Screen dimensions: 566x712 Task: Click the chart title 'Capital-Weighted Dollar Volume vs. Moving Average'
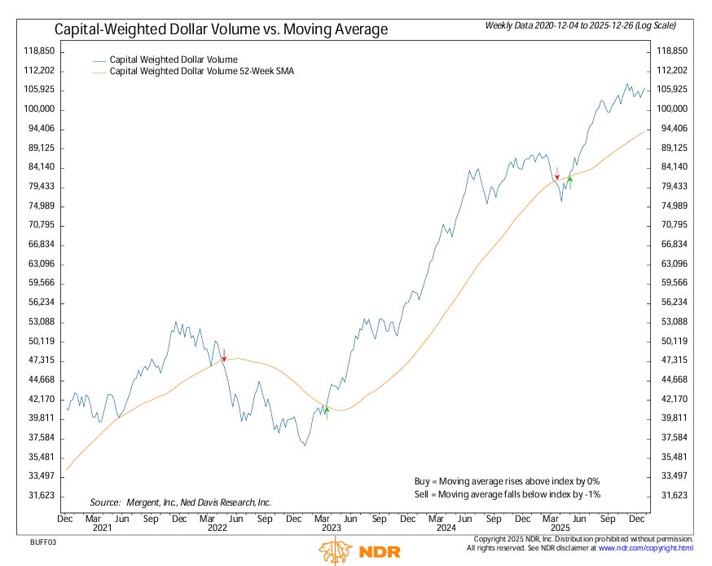[221, 29]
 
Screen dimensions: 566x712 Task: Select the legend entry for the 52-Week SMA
[200, 72]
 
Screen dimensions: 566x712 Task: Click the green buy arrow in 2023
[326, 410]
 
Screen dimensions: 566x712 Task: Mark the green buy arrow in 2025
[570, 182]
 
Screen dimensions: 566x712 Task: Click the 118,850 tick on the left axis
[39, 51]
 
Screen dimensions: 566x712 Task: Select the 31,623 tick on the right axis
[673, 496]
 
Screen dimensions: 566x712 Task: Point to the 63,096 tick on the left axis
[39, 263]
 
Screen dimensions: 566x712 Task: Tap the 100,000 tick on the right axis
[673, 109]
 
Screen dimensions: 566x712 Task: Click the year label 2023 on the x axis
[331, 528]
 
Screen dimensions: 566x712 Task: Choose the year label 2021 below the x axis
[101, 528]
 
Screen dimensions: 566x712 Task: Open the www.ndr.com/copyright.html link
[645, 549]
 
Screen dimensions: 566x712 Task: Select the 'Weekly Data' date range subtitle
[581, 26]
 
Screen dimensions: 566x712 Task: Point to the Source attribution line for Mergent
[180, 502]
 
